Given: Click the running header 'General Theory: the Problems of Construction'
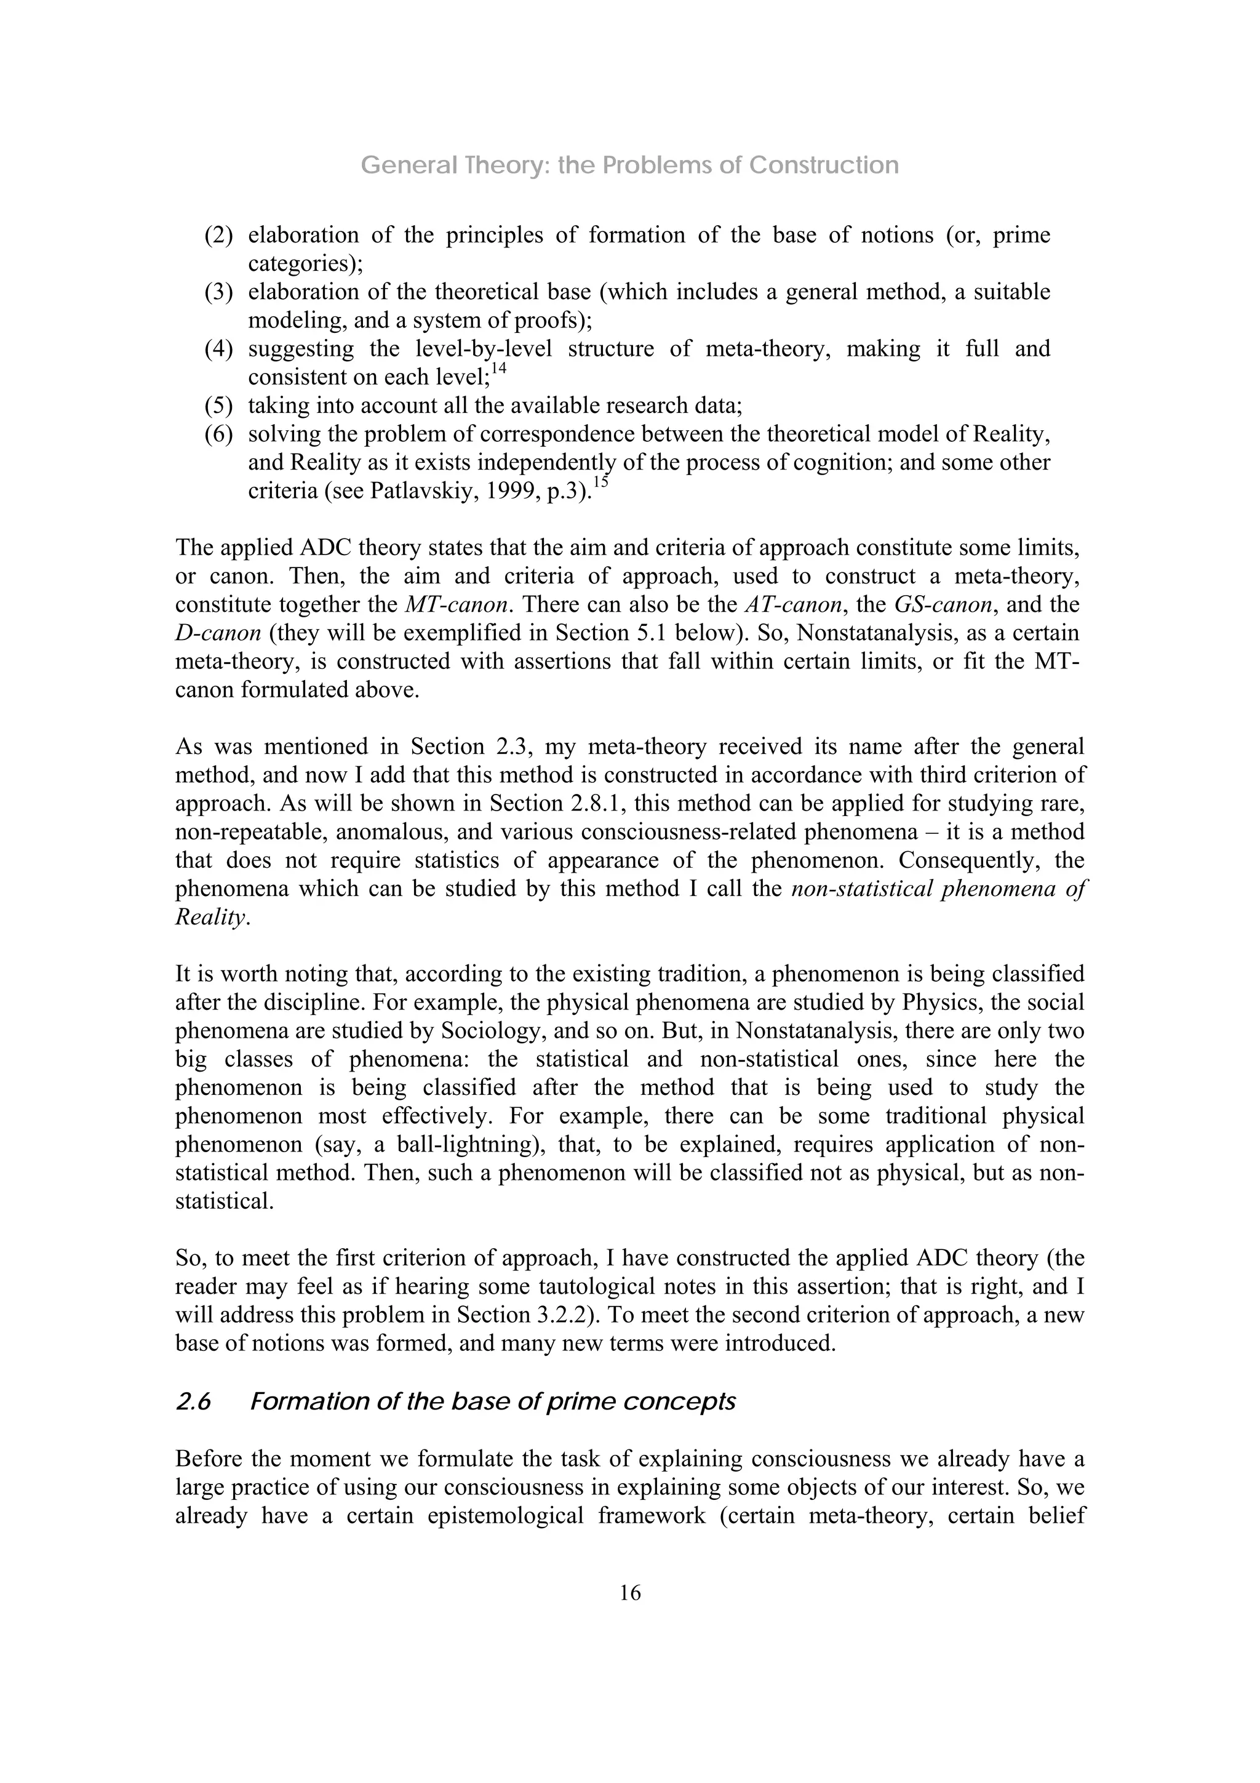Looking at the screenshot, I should click(629, 166).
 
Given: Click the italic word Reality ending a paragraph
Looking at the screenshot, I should click(210, 918).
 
